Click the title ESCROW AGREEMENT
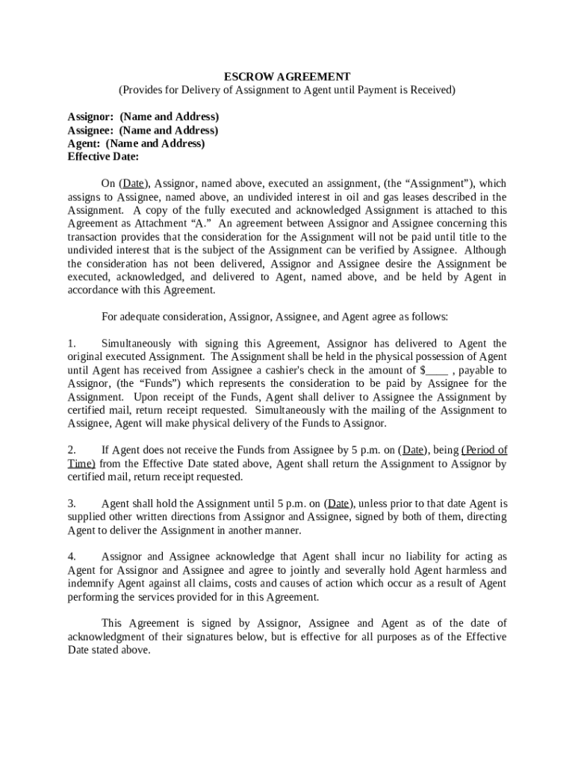pos(287,76)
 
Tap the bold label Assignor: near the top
pos(90,117)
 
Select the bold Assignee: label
pos(90,130)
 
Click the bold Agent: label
pos(84,143)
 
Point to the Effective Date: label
pos(103,157)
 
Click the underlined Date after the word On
pos(134,184)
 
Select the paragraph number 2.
pos(72,450)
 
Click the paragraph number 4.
pos(72,557)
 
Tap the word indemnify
pos(92,584)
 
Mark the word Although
pos(485,250)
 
